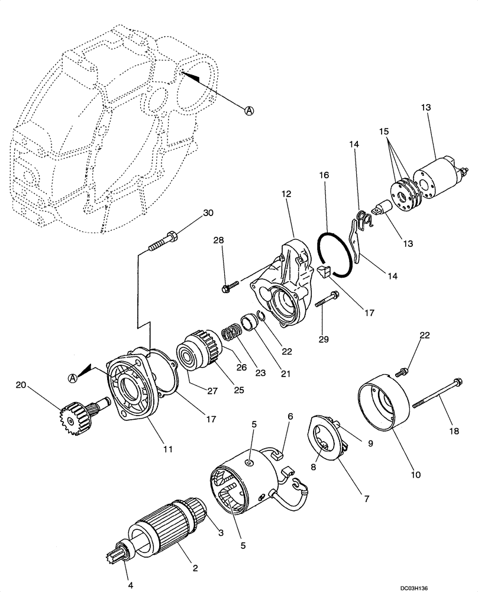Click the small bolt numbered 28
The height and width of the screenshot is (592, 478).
[228, 288]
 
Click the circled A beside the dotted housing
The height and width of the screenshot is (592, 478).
[250, 111]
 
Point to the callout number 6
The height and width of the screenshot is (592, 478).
[289, 417]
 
